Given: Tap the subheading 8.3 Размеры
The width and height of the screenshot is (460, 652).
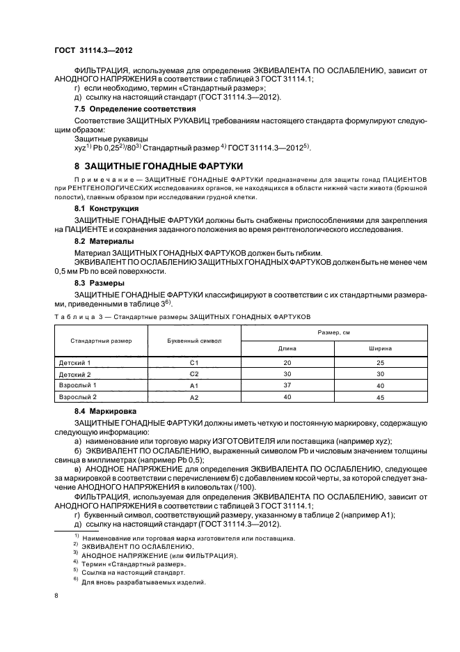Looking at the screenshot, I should click(100, 284).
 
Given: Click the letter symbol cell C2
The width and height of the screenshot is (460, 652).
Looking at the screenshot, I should click(194, 374).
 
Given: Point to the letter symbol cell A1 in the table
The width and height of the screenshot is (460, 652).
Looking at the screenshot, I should click(194, 385).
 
